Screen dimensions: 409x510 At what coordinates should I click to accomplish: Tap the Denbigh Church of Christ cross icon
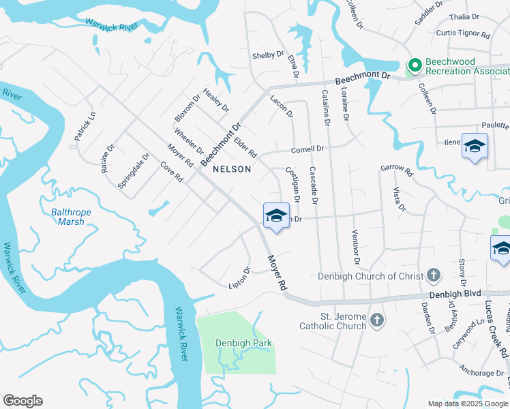(x=433, y=276)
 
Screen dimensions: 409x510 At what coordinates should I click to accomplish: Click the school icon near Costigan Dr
(x=275, y=216)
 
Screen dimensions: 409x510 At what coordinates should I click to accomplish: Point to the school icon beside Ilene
(x=475, y=147)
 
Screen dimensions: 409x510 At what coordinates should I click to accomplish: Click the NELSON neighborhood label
(x=232, y=169)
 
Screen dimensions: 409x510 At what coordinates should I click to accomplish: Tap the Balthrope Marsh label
(x=72, y=217)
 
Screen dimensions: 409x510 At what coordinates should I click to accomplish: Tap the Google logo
(x=22, y=401)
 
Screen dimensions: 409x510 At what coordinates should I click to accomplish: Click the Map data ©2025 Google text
(x=467, y=404)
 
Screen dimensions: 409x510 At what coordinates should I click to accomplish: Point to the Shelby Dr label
(x=267, y=55)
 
